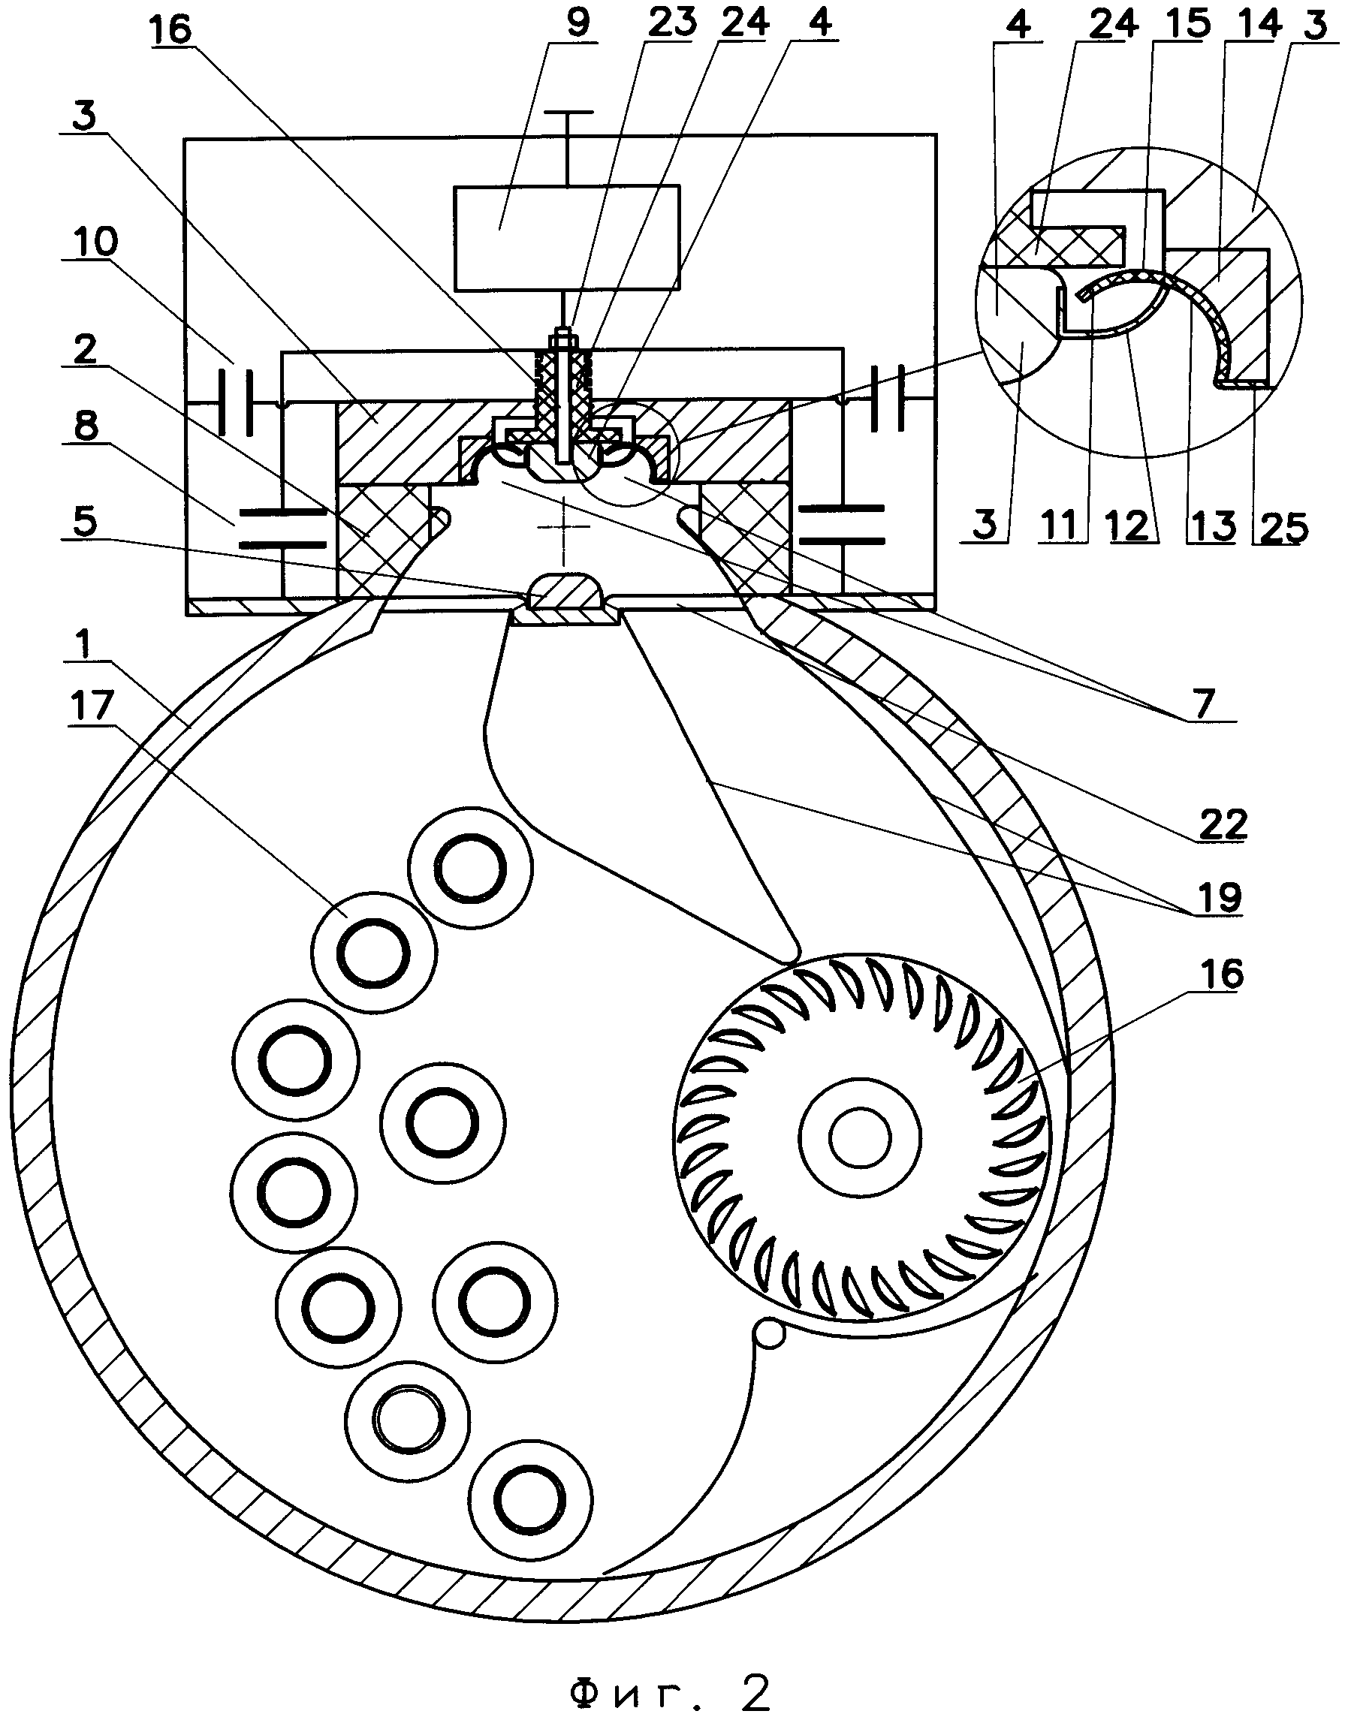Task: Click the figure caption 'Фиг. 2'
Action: point(670,1670)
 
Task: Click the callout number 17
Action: point(92,706)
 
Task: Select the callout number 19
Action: point(1220,897)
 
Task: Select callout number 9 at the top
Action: point(577,22)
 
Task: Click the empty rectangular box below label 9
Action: point(567,237)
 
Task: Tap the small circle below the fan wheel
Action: point(770,1333)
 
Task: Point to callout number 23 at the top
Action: point(671,22)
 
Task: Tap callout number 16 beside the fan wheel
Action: point(1222,975)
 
